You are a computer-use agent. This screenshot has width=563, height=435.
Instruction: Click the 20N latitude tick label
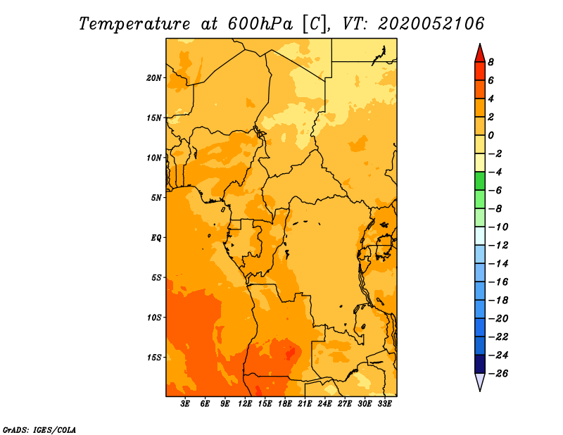tap(154, 78)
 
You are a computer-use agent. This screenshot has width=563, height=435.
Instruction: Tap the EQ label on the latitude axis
tap(156, 238)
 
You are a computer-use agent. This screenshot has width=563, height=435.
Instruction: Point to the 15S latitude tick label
tap(154, 358)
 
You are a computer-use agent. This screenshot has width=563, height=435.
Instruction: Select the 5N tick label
tap(156, 198)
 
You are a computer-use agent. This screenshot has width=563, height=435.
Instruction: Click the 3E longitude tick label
tap(185, 404)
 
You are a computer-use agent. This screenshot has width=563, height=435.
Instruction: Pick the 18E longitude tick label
tap(285, 404)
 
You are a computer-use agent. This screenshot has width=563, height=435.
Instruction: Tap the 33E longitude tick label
tap(384, 404)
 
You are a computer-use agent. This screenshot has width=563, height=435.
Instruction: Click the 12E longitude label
tap(245, 404)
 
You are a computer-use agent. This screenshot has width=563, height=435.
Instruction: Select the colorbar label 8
tap(491, 62)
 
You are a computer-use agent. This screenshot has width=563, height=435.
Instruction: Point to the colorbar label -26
tap(498, 374)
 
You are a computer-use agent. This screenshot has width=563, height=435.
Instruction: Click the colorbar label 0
tap(491, 135)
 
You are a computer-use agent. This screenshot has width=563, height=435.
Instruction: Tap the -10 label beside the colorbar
tap(498, 227)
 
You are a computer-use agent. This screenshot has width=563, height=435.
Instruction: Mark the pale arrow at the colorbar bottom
tap(480, 381)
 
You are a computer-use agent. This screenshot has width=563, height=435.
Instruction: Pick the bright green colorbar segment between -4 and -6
tap(480, 181)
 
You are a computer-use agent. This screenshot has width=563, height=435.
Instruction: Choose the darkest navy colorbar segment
tap(480, 364)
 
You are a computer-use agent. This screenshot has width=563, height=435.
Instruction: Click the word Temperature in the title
tap(134, 24)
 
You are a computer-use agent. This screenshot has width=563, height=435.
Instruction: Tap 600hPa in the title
tap(260, 24)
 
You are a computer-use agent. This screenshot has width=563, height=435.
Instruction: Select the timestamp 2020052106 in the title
tap(431, 24)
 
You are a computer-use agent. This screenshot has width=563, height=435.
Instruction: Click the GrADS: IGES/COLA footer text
tap(39, 430)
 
